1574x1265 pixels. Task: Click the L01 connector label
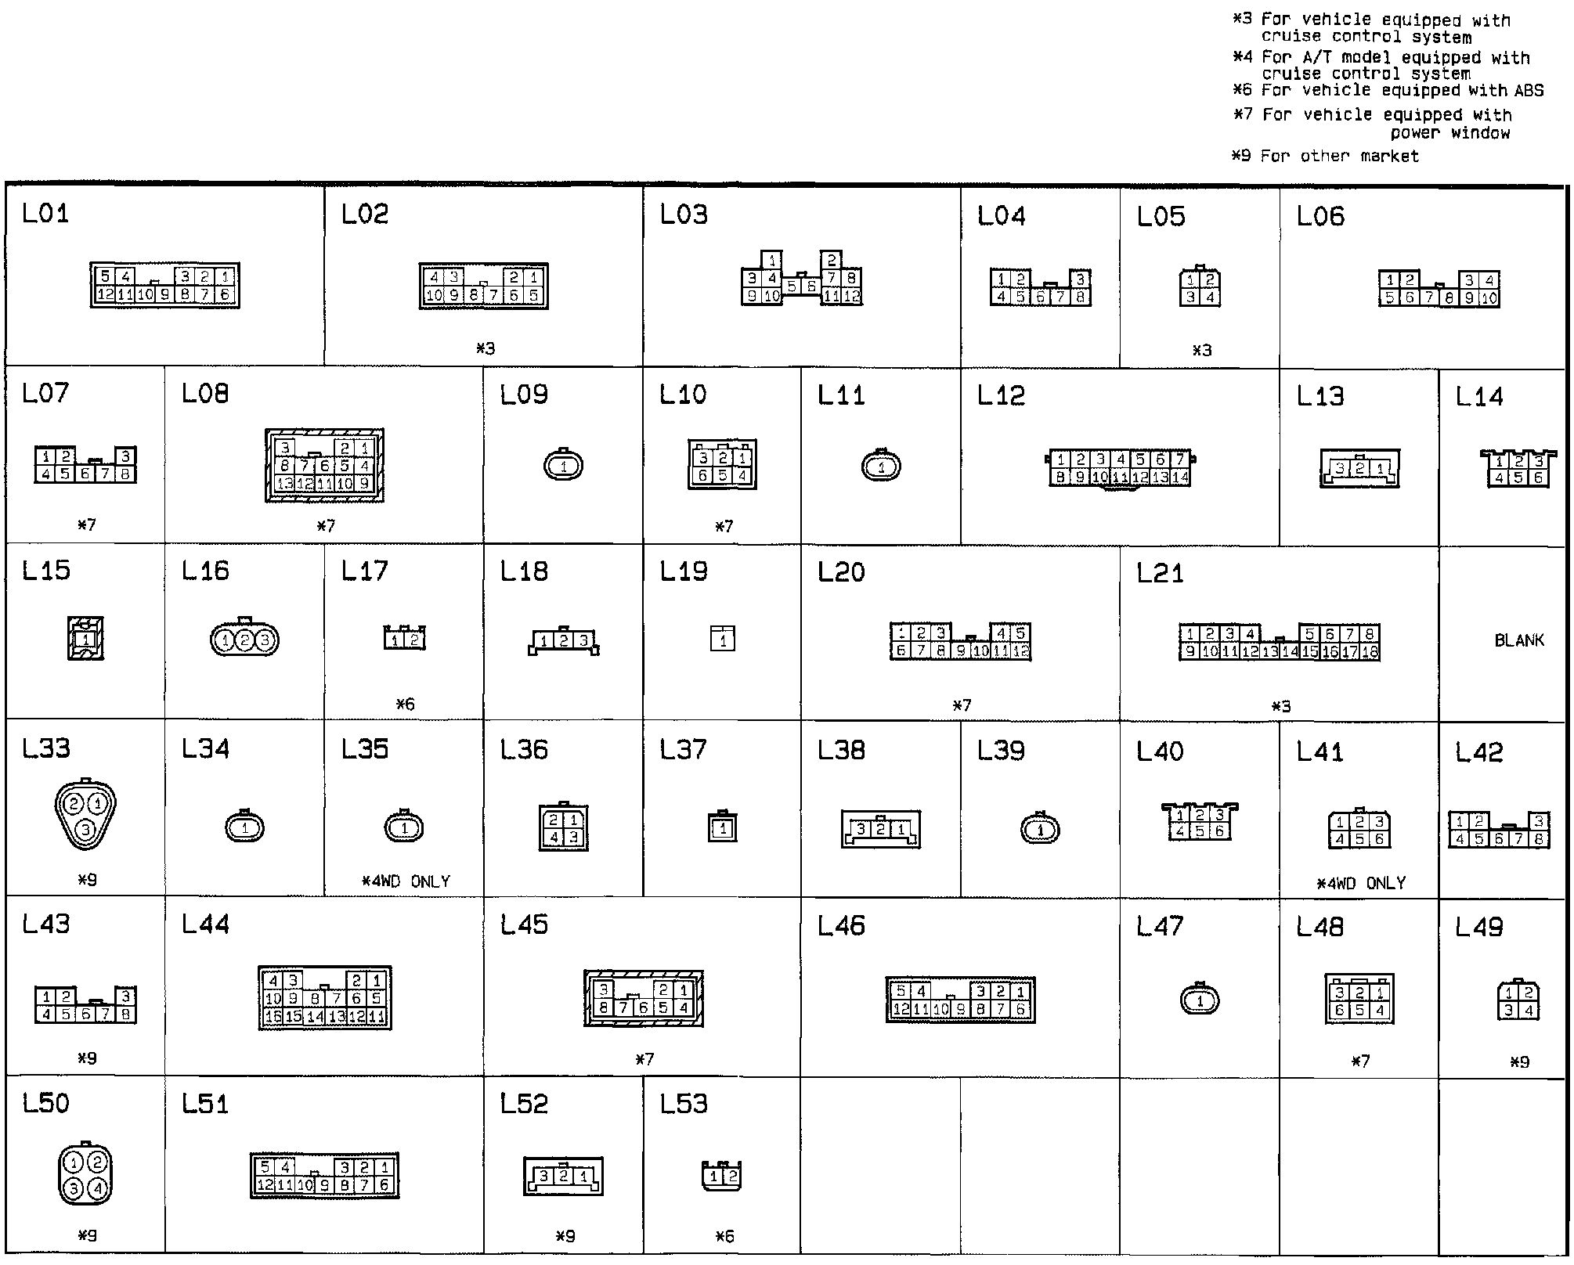45,213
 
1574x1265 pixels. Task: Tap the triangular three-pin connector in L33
85,816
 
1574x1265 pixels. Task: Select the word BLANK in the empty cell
1519,640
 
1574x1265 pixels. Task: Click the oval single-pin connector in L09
564,467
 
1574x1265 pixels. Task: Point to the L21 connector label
1160,573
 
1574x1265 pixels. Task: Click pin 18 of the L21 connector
1370,651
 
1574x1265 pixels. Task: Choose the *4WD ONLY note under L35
406,881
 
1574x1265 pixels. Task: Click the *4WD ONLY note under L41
1361,883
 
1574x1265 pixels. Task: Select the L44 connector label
205,924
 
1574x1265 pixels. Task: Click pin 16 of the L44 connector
273,1017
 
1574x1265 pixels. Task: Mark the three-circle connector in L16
244,640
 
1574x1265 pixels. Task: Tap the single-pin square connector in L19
723,639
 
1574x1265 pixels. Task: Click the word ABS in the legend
1529,91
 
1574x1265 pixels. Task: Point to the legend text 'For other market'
1339,156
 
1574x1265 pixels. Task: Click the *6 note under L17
405,705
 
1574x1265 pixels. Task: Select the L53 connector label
683,1104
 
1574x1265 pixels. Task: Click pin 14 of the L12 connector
1180,477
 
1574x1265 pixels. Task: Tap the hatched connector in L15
85,639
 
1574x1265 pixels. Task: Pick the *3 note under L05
1201,351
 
